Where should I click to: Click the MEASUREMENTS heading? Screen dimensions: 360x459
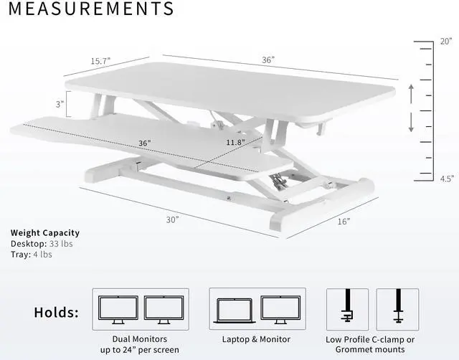(x=91, y=9)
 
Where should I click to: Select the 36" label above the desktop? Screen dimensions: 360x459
(x=268, y=61)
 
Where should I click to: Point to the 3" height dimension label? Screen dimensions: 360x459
(x=60, y=104)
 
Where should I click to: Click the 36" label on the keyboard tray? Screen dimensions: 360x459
(x=145, y=143)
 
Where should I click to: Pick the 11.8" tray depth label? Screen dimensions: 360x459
(x=234, y=142)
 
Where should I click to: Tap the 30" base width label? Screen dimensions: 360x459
(x=172, y=220)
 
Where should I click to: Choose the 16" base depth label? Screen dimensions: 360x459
(x=343, y=222)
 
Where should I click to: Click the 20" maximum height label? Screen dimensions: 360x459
(x=445, y=42)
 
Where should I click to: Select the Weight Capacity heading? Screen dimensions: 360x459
(x=45, y=232)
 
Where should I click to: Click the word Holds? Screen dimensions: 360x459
(x=57, y=313)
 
